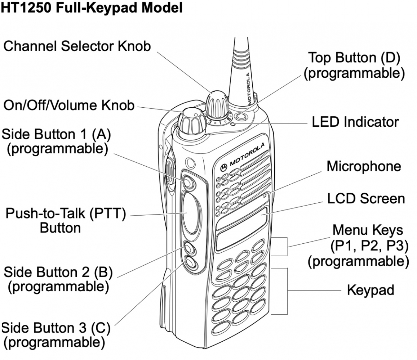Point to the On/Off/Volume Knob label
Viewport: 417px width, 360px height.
(x=69, y=105)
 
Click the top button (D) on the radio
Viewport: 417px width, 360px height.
(x=240, y=116)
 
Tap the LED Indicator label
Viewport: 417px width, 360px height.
(x=355, y=122)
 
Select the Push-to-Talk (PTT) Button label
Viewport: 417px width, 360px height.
(x=65, y=221)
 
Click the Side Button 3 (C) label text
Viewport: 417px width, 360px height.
(x=56, y=335)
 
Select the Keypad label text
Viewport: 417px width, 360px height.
(x=370, y=290)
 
